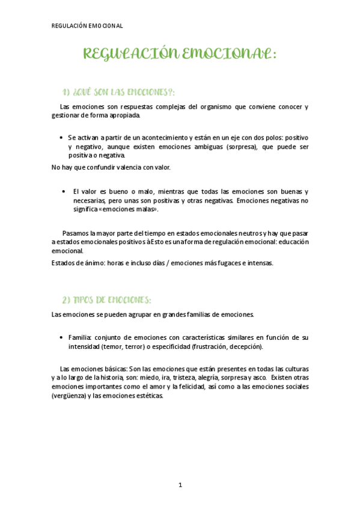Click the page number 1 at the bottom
point(180,485)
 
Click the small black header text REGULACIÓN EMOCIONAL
point(87,26)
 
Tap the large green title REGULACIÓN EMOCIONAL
point(180,55)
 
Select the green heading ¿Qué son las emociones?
point(118,91)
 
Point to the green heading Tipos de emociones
point(106,300)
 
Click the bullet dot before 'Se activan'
point(62,138)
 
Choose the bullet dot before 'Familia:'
point(62,338)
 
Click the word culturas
point(294,368)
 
